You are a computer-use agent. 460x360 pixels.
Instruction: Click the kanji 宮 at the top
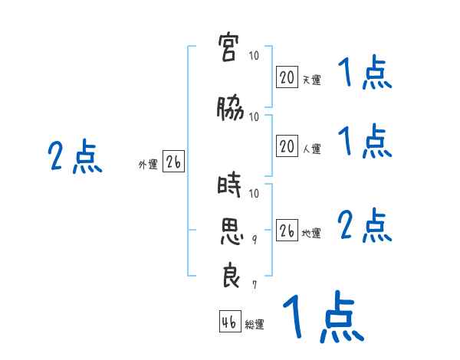[x=228, y=47]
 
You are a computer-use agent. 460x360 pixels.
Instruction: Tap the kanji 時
[x=229, y=185]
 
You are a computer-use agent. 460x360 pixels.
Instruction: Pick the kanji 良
[x=232, y=276]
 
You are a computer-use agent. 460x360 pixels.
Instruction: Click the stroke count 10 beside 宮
[x=254, y=55]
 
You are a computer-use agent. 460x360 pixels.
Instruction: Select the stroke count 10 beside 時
[x=254, y=193]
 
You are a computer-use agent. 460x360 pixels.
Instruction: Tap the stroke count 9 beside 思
[x=255, y=240]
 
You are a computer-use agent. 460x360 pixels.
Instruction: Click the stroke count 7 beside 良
[x=255, y=285]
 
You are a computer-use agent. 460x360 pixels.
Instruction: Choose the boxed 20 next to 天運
[x=287, y=77]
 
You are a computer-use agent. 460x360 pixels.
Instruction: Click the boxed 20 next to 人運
[x=287, y=146]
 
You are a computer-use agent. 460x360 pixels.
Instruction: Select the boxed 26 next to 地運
[x=287, y=230]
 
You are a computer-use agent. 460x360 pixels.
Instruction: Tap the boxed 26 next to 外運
[x=173, y=161]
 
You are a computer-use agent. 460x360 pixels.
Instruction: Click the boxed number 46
[x=230, y=321]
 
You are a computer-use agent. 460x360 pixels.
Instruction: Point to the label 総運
[x=255, y=325]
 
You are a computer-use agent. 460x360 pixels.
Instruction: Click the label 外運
[x=148, y=165]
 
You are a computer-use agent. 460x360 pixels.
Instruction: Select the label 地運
[x=311, y=234]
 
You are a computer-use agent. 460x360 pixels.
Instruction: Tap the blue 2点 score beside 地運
[x=365, y=225]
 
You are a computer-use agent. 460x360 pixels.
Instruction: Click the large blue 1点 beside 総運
[x=324, y=316]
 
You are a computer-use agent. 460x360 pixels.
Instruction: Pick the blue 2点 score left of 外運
[x=75, y=156]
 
